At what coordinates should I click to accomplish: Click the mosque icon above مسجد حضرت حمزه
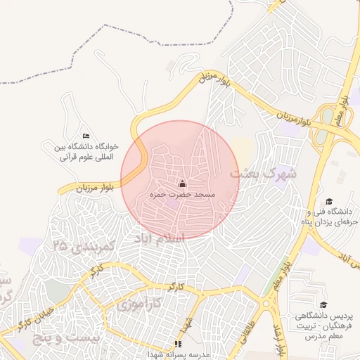tap(183, 184)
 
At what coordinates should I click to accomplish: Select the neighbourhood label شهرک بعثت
tap(262, 172)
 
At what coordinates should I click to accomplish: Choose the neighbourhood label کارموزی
tap(137, 304)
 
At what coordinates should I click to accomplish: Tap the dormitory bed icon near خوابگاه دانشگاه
tap(86, 136)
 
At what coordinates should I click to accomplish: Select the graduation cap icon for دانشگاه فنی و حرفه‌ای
tap(328, 201)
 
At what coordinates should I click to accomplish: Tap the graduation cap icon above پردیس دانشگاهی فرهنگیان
tap(323, 304)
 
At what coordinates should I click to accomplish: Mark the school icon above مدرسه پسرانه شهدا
tap(177, 345)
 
